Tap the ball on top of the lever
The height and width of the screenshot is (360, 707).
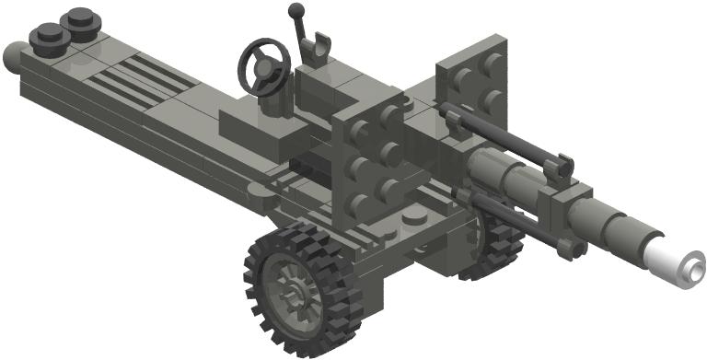(296, 11)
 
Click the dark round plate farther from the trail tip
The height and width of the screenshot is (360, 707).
(80, 20)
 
